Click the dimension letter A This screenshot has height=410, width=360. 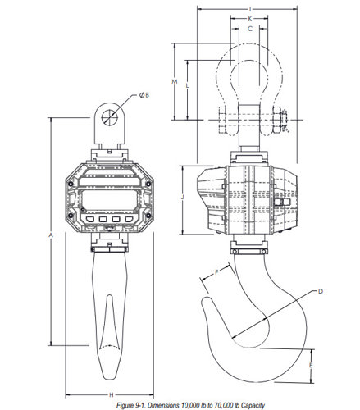[x=50, y=235]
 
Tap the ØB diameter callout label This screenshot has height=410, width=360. [x=144, y=95]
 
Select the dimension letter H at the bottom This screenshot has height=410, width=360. [x=112, y=394]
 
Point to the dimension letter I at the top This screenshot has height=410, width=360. [x=250, y=10]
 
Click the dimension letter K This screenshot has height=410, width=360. [x=250, y=19]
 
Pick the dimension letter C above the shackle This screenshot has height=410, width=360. [x=250, y=29]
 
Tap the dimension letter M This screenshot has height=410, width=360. [x=175, y=81]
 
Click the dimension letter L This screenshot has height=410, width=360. [x=188, y=86]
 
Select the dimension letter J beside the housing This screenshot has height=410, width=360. [x=183, y=197]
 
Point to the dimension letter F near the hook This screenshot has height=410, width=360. [x=216, y=272]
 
